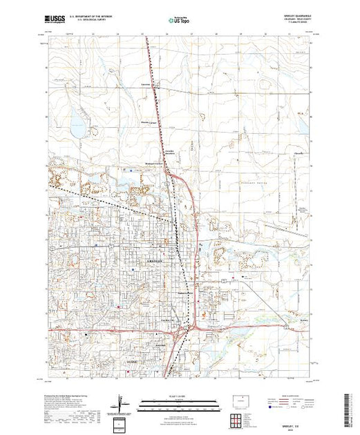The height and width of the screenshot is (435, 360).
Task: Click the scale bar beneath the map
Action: (x=180, y=401)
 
